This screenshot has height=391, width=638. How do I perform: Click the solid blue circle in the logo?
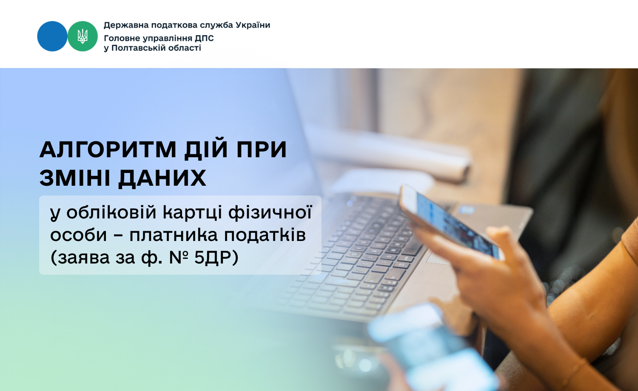[x=52, y=36]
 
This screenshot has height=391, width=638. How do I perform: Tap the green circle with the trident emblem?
[x=83, y=36]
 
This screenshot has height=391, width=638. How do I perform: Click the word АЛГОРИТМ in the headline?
[x=108, y=150]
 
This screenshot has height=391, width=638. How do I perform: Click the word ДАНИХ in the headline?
[x=162, y=178]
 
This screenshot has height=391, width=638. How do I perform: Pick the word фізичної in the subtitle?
[x=270, y=212]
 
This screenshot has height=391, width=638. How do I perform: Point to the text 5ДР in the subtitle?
[x=216, y=258]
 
